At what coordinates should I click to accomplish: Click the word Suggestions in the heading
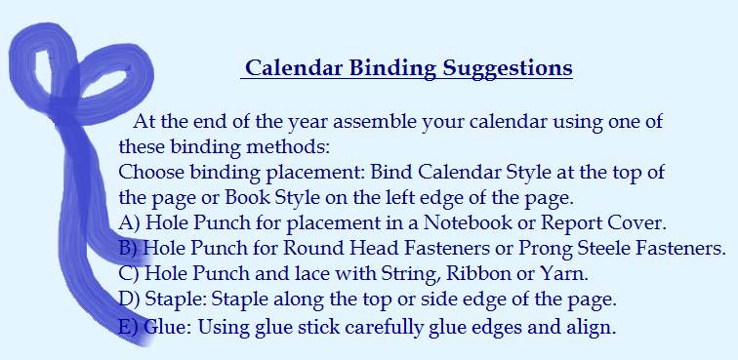pyautogui.click(x=508, y=69)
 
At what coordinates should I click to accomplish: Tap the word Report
pyautogui.click(x=581, y=222)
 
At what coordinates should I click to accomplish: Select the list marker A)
pyautogui.click(x=129, y=222)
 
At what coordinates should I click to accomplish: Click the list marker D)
pyautogui.click(x=129, y=299)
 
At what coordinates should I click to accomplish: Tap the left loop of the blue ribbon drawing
pyautogui.click(x=41, y=73)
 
